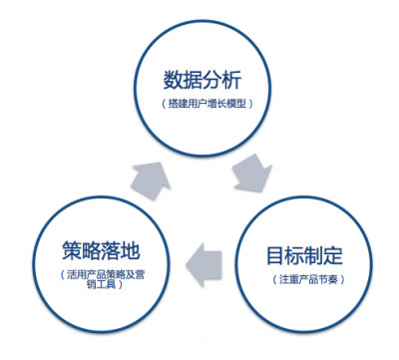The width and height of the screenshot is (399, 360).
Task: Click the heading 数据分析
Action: tap(202, 80)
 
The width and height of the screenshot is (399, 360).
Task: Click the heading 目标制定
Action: tap(304, 255)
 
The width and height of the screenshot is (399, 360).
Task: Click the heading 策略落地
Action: tap(101, 250)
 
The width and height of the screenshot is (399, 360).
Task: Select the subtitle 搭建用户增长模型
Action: tap(207, 104)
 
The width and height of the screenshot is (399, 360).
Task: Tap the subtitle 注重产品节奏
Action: tap(308, 279)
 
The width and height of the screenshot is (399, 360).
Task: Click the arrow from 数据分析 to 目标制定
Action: tap(252, 174)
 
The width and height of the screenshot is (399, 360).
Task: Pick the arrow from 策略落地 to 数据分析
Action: tap(151, 180)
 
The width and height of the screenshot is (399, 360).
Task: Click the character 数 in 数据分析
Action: tap(173, 80)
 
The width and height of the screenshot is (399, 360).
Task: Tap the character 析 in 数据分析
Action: tap(231, 80)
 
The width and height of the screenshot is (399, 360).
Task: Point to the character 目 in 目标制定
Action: tap(276, 255)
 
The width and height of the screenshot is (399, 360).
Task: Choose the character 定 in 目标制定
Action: tap(333, 255)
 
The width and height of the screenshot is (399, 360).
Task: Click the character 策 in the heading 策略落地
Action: tap(72, 250)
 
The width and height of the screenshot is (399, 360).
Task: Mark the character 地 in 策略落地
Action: tap(131, 250)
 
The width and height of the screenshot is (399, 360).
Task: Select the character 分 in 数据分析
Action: tap(211, 80)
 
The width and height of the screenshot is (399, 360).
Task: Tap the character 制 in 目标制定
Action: tap(314, 255)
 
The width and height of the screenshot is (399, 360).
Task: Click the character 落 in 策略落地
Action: tap(111, 250)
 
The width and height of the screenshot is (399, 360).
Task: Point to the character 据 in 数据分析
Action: tap(193, 80)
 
